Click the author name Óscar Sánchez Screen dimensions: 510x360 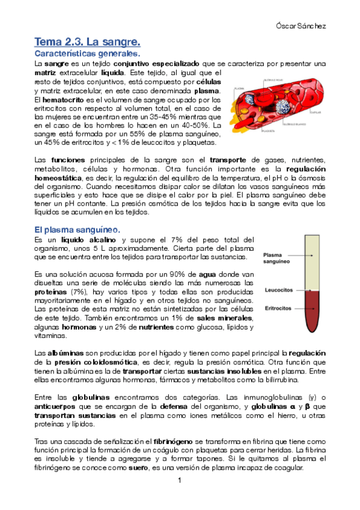click(x=305, y=26)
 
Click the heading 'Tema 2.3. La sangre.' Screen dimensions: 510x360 click(x=88, y=42)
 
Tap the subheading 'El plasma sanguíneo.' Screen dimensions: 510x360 click(x=77, y=229)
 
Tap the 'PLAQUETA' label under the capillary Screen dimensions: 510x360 click(x=267, y=146)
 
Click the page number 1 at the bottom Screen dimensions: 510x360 click(x=179, y=481)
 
